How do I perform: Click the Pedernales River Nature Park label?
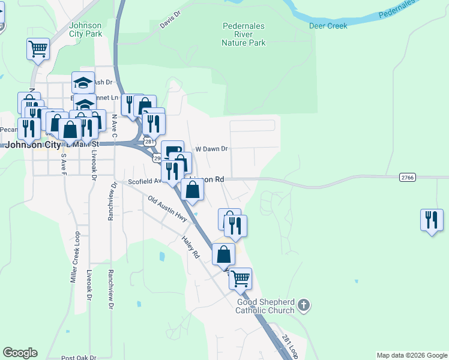pos(244,35)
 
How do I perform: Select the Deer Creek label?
pos(328,26)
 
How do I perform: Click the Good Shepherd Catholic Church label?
pos(265,306)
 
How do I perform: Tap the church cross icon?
pos(304,305)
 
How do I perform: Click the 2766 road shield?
pos(406,176)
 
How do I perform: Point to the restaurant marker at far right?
pos(432,220)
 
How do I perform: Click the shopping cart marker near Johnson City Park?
pos(38,49)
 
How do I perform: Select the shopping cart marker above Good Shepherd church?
pos(240,278)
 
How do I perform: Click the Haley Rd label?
pos(190,247)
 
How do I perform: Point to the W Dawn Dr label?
pos(212,149)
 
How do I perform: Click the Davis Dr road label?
pos(170,20)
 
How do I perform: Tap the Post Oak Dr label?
pos(78,358)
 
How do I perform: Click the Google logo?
pos(20,353)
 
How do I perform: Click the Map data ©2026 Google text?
pos(412,355)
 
